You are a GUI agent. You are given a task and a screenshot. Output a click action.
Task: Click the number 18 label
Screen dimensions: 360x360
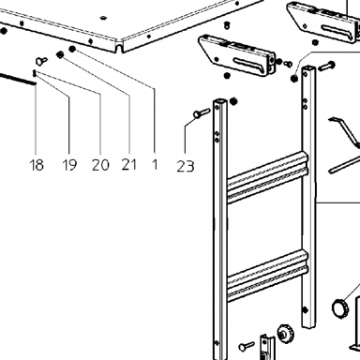pyautogui.click(x=37, y=165)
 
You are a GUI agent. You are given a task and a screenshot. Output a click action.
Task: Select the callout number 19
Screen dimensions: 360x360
pyautogui.click(x=69, y=165)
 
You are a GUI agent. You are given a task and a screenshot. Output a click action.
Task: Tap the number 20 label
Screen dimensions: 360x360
pyautogui.click(x=100, y=165)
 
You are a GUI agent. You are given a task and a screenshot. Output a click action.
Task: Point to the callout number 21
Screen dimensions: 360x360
pyautogui.click(x=129, y=164)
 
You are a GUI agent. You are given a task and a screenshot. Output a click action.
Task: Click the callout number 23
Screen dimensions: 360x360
pyautogui.click(x=186, y=166)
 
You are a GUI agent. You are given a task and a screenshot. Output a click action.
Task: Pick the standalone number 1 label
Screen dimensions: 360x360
pyautogui.click(x=155, y=164)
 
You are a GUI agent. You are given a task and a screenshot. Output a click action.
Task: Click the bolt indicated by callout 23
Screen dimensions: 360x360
pyautogui.click(x=202, y=113)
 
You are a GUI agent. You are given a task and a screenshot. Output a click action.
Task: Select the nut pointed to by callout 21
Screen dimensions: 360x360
pyautogui.click(x=60, y=55)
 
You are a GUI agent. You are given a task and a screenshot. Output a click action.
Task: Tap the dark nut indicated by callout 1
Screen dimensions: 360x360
pyautogui.click(x=72, y=49)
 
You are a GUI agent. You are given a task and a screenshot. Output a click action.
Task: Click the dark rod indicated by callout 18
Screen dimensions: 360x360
pyautogui.click(x=18, y=79)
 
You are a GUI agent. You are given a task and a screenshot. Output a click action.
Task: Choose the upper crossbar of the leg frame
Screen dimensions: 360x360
pyautogui.click(x=267, y=177)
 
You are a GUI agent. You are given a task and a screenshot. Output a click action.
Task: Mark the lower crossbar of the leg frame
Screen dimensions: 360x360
pyautogui.click(x=267, y=276)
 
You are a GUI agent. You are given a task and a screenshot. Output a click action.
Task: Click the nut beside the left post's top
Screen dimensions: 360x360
pyautogui.click(x=232, y=101)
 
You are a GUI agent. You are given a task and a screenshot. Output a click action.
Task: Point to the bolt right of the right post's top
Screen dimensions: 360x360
pyautogui.click(x=327, y=66)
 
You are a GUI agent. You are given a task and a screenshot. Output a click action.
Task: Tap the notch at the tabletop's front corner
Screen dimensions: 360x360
pyautogui.click(x=119, y=48)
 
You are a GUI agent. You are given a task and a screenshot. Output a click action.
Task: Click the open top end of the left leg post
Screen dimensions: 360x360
pyautogui.click(x=221, y=102)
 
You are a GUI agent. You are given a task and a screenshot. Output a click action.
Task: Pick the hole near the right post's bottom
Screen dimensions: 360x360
pyautogui.click(x=306, y=310)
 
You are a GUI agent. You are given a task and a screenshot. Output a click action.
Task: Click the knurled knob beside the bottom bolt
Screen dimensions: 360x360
pyautogui.click(x=286, y=334)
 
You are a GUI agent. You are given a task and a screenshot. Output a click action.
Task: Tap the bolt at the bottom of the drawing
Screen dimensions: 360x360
pyautogui.click(x=247, y=346)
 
